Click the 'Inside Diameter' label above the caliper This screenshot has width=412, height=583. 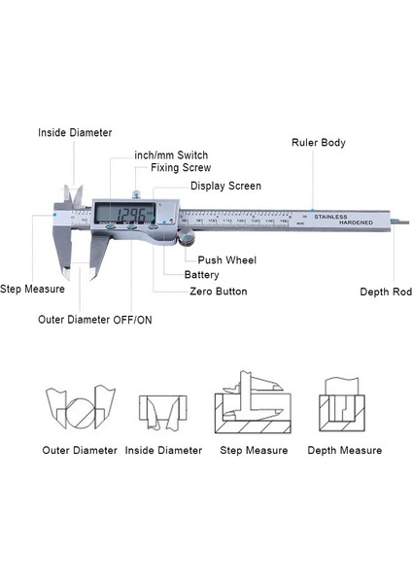(75, 132)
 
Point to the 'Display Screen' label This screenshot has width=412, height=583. (225, 186)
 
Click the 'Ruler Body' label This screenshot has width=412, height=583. (318, 143)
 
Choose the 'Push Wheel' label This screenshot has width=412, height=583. (227, 259)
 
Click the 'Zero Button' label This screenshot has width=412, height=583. (218, 291)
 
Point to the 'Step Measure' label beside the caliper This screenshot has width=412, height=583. (32, 289)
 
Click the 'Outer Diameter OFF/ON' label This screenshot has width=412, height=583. (94, 319)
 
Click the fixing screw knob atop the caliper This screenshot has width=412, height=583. (138, 194)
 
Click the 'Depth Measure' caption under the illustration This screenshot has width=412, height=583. (344, 450)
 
